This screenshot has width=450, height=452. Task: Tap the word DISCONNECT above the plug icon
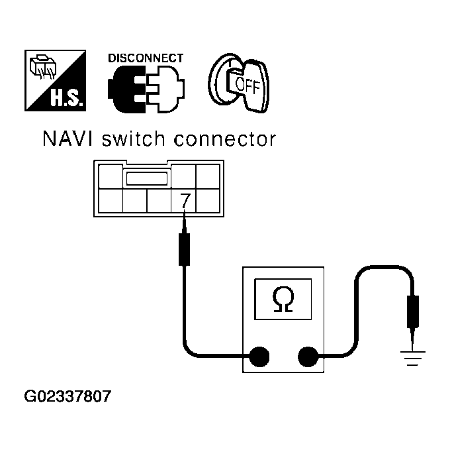[x=146, y=58]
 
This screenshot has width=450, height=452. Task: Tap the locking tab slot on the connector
[x=146, y=178]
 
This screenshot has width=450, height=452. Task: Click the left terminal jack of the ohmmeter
[x=259, y=358]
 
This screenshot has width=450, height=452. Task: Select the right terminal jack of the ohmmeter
[x=308, y=358]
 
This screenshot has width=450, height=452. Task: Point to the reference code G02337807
[x=67, y=398]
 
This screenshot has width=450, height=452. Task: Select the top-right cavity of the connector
[x=208, y=177]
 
